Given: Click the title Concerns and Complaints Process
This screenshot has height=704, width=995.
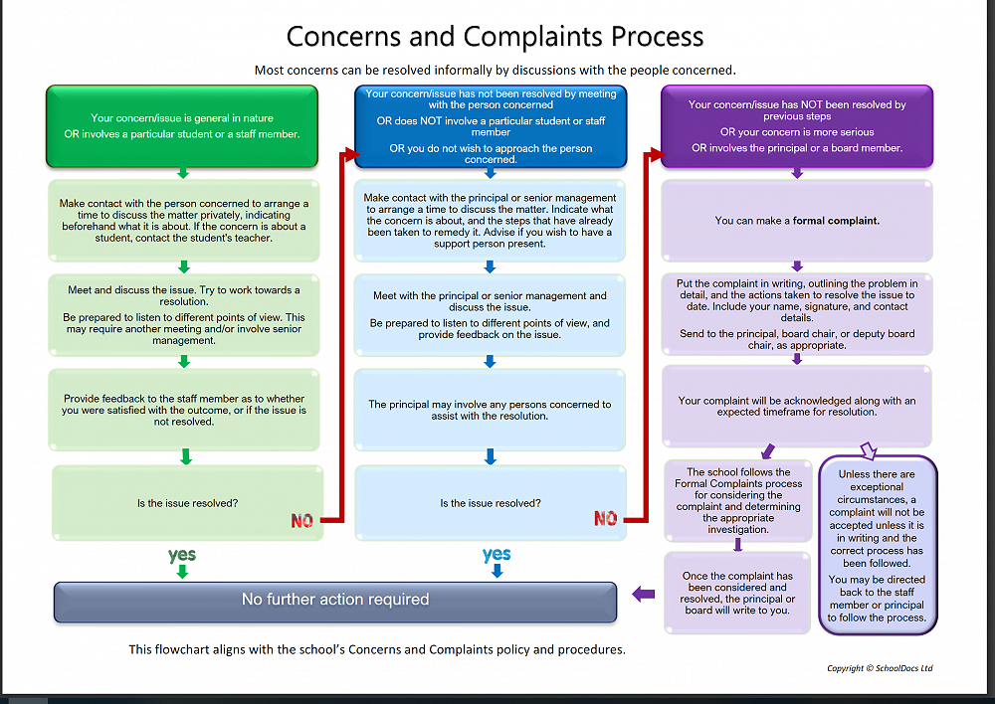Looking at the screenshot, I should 495,37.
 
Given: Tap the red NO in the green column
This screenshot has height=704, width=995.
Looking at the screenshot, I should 302,521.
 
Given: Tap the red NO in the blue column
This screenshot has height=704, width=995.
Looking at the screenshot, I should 605,518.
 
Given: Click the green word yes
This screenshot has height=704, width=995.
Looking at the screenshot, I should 182,554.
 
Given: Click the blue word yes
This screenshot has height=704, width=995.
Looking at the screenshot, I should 496,554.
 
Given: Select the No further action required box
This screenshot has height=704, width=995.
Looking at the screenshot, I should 335,600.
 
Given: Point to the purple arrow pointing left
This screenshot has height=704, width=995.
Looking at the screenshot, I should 644,595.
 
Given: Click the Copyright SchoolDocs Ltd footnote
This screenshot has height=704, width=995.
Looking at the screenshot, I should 880,668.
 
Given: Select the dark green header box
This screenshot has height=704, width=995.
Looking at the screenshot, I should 182,125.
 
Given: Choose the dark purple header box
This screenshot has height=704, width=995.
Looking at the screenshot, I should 797,125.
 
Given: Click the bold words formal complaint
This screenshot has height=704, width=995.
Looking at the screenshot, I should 836,221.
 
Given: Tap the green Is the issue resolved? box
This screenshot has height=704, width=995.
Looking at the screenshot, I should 187,503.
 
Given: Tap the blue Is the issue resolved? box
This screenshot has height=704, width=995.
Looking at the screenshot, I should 491,503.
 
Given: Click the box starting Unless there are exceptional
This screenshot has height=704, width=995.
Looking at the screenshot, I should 877,546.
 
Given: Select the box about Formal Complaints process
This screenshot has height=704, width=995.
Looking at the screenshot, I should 737,500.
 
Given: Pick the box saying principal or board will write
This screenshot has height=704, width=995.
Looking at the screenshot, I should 737,593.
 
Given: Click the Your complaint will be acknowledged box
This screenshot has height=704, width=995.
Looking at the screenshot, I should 797,406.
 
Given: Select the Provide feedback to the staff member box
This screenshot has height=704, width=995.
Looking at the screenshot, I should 184,410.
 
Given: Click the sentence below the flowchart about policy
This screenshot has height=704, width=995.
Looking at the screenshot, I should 377,649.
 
